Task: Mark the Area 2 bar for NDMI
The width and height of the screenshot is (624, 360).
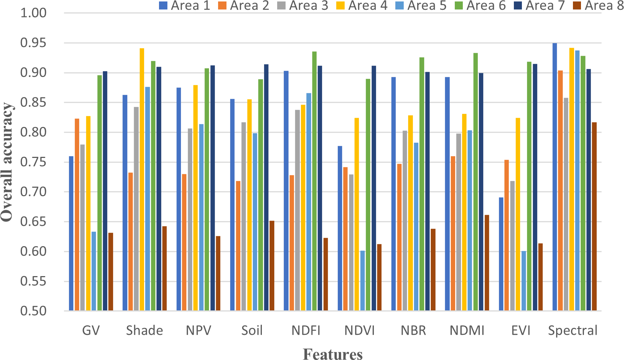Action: pos(453,233)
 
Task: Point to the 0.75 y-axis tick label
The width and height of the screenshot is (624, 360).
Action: pos(34,162)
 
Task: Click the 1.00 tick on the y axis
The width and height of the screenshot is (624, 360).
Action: pos(34,13)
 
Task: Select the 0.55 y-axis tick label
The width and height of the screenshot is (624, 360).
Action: pos(34,281)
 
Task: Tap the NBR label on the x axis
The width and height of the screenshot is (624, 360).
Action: pos(413,330)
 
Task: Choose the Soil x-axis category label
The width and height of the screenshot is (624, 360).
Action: pos(252,330)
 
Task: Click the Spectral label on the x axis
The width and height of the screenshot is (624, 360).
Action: pos(573,330)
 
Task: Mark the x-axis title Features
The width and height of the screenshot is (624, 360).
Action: pos(333,354)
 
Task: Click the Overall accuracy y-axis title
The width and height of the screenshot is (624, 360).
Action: pos(7,162)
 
